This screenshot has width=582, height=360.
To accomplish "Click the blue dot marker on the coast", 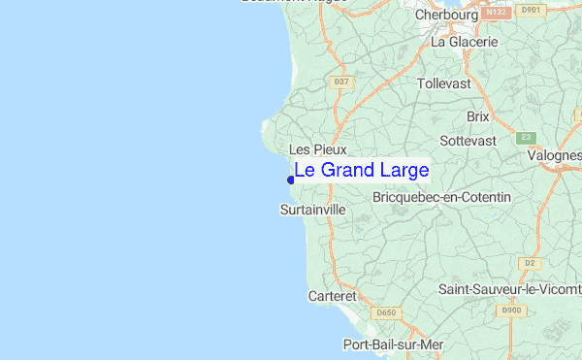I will tap(291, 179).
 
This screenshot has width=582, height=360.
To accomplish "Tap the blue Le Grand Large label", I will tap(361, 171).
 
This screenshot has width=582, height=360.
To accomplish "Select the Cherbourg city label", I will tap(446, 16).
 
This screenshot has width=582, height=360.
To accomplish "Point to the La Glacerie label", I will tap(464, 42).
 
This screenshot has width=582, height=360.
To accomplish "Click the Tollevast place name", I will tap(443, 83).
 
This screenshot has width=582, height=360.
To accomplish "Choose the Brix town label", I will tap(478, 115).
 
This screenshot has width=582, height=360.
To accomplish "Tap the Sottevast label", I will tap(468, 141).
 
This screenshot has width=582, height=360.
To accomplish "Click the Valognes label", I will tap(555, 155).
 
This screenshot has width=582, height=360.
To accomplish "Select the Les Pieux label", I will tap(311, 149).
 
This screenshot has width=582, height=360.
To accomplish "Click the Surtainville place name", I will tap(312, 209).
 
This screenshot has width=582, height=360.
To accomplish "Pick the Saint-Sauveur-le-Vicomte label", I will tap(509, 288).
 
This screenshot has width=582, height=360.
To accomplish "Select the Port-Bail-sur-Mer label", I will tap(393, 344).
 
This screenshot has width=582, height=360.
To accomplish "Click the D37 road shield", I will tap(340, 82).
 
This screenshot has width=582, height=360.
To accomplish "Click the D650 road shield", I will tap(386, 312).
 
